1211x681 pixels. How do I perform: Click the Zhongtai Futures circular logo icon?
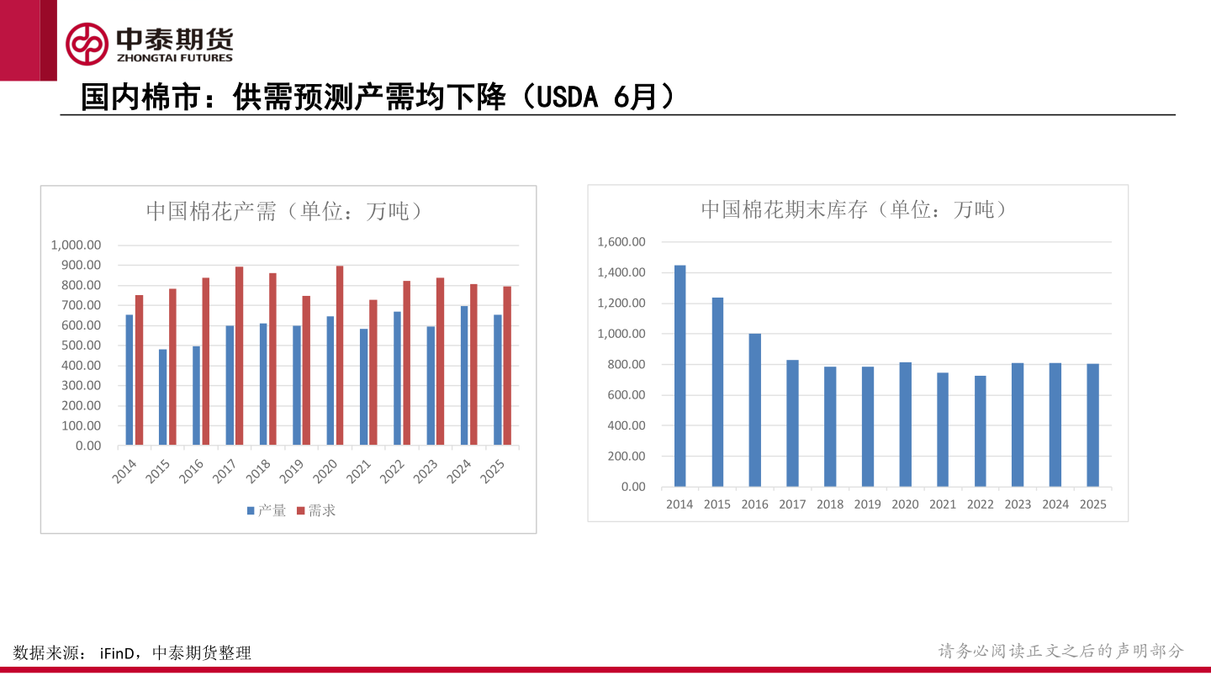point(87,44)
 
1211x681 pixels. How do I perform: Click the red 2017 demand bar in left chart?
point(239,356)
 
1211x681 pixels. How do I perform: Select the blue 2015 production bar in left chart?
point(162,397)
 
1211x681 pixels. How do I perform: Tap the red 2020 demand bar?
point(340,356)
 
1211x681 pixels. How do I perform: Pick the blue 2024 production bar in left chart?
point(464,375)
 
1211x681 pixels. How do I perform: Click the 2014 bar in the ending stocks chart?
point(680,376)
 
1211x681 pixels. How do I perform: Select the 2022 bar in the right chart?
point(981,431)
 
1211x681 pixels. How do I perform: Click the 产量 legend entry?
point(267,510)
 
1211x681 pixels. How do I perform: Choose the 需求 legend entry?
point(316,510)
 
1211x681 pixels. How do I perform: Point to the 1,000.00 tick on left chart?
point(76,245)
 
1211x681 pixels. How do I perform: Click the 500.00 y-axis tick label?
point(81,346)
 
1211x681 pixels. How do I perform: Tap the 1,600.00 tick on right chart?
point(621,242)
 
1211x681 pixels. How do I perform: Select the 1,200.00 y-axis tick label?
point(621,304)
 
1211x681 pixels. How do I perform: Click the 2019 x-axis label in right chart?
point(867,504)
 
